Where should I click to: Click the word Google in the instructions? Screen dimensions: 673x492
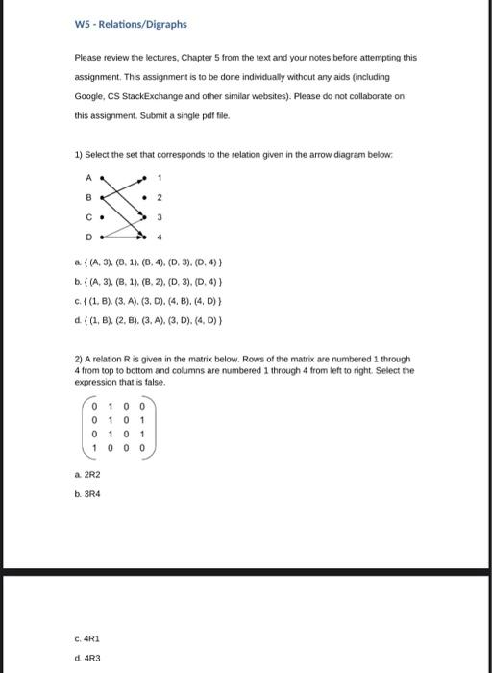(90, 97)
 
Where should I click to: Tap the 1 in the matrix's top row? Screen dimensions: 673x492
(111, 406)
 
